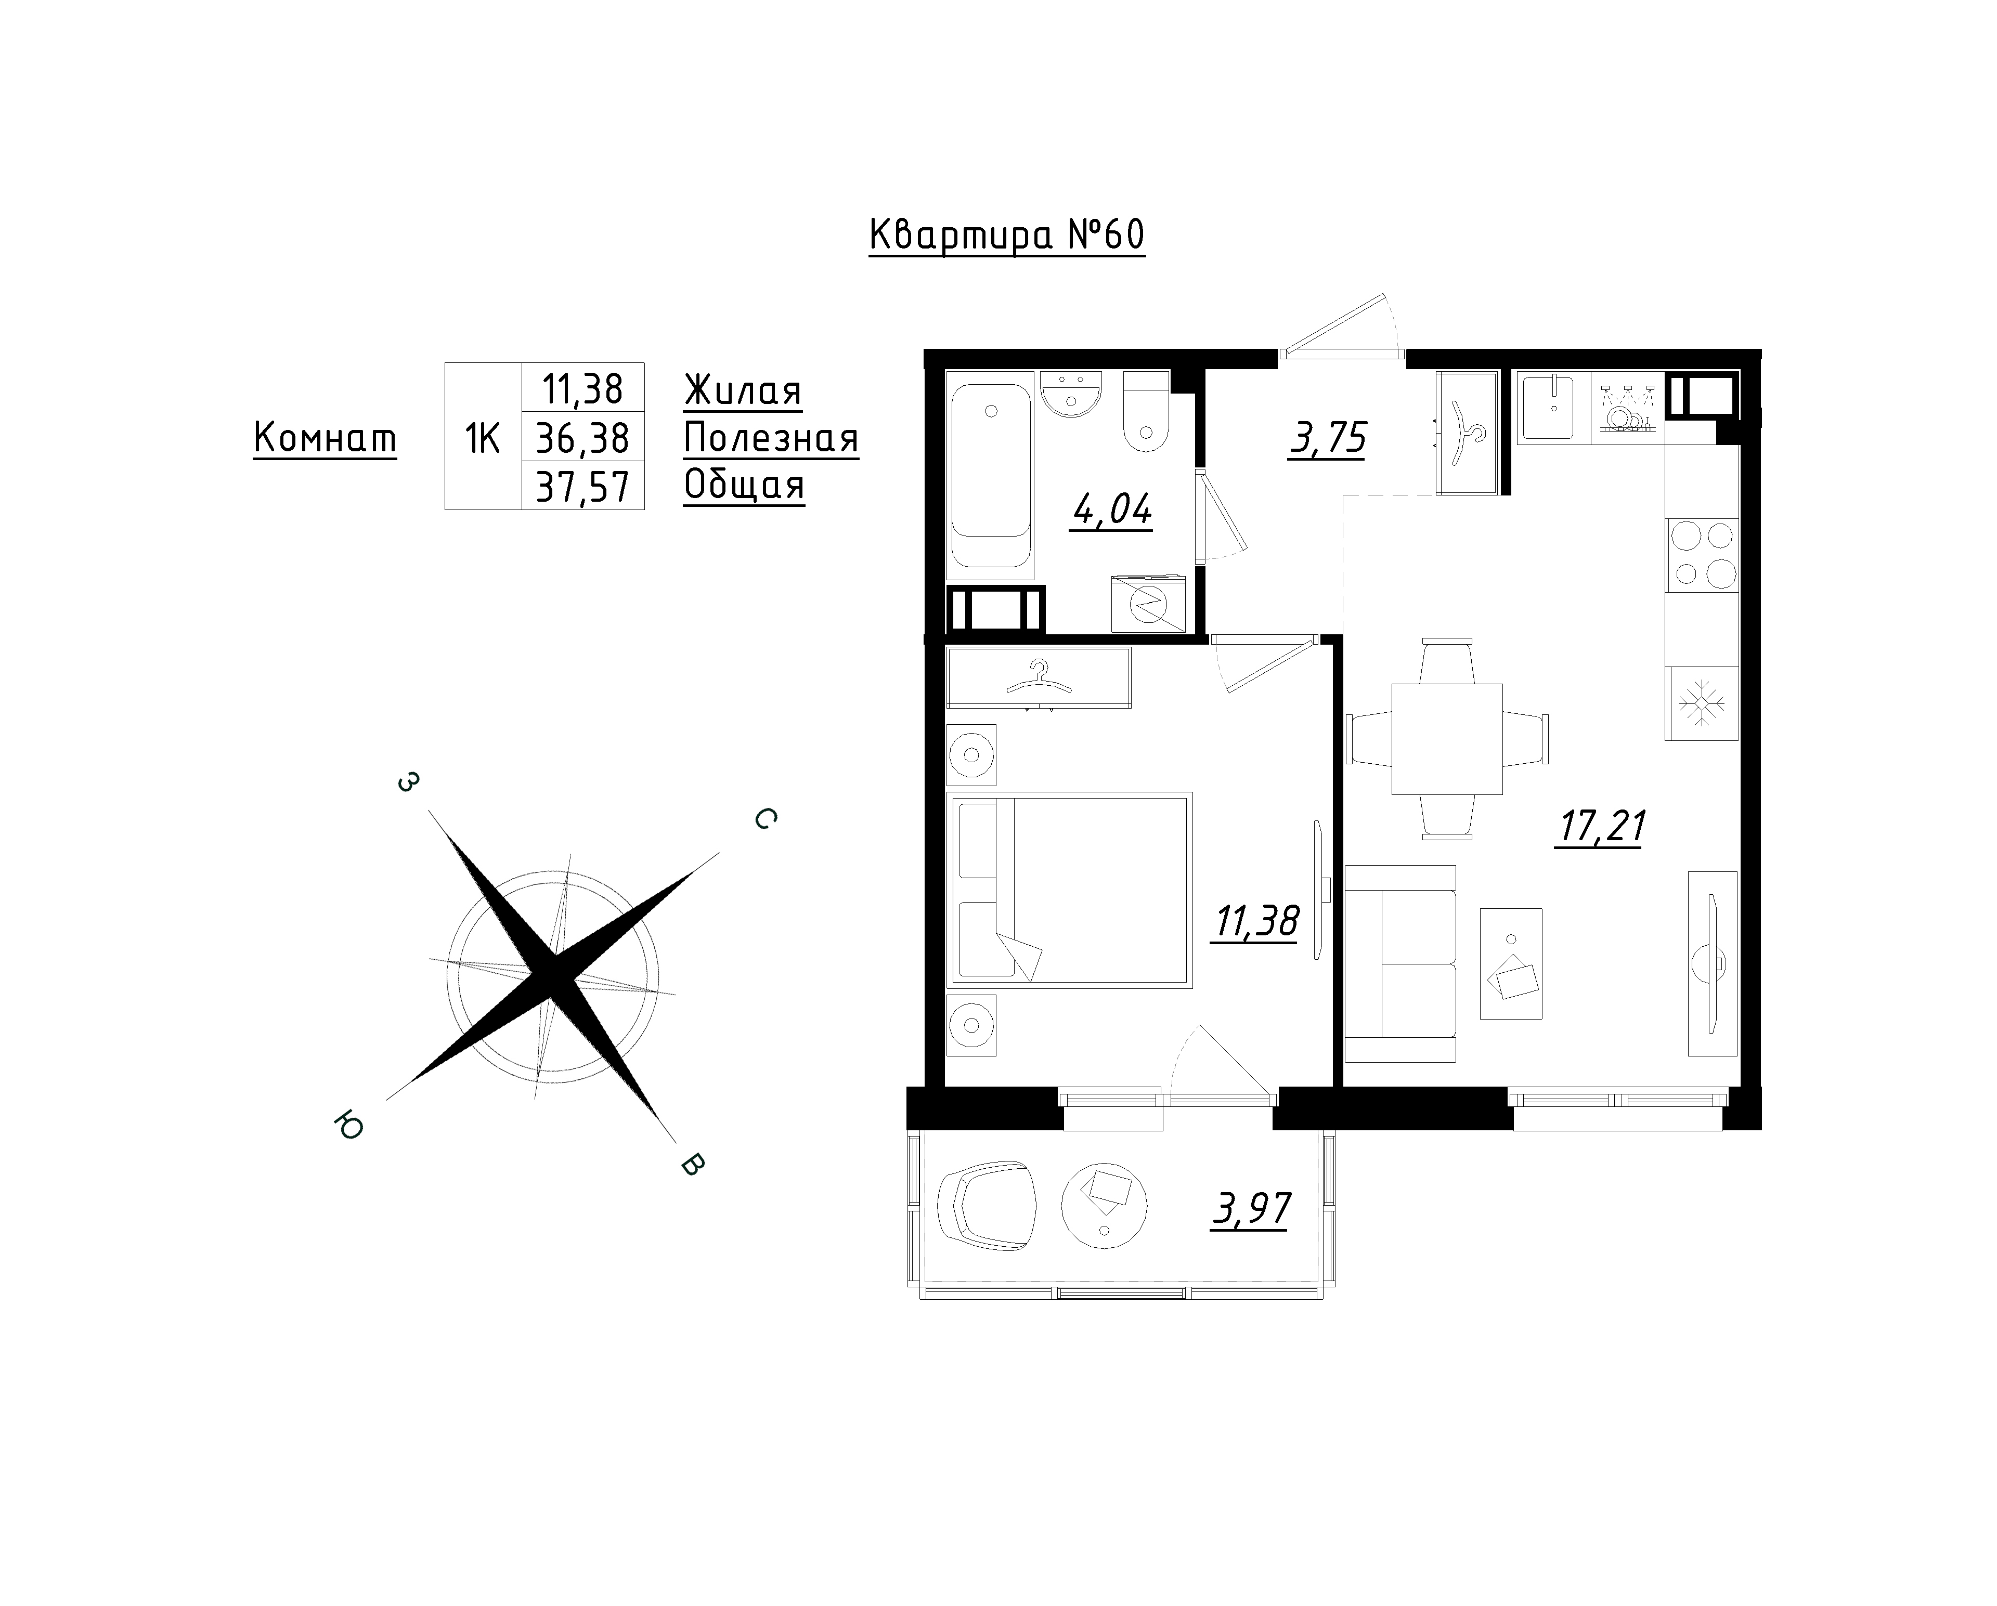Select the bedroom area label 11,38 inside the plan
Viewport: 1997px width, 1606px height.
point(1254,922)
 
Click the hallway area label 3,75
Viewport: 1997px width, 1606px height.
point(1327,438)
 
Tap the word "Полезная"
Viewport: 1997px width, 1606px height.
point(771,438)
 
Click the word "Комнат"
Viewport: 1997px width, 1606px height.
point(325,438)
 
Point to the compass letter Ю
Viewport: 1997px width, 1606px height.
point(350,1126)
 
